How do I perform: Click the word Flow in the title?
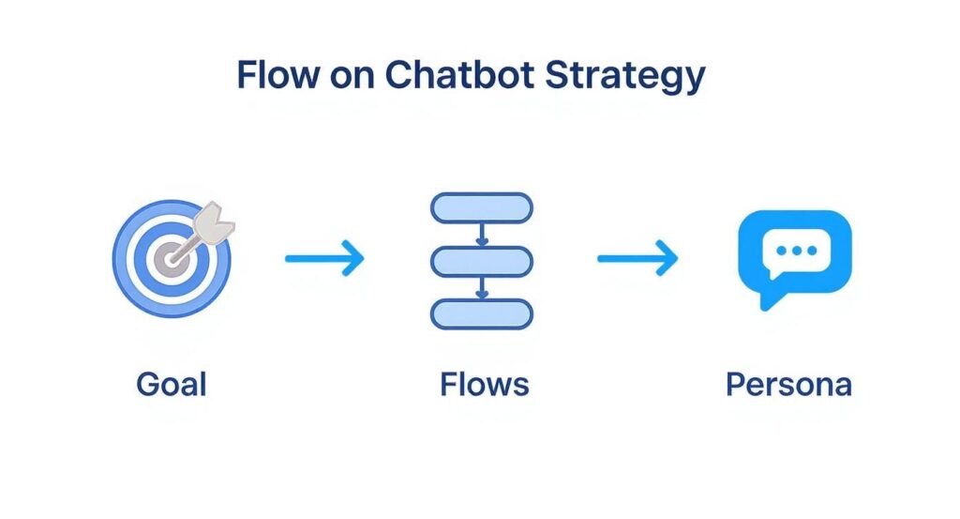click(x=277, y=76)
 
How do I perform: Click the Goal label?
click(x=171, y=384)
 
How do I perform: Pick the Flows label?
click(x=484, y=384)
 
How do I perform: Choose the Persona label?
click(x=788, y=385)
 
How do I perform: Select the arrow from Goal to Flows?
click(x=324, y=258)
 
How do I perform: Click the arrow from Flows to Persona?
click(x=637, y=258)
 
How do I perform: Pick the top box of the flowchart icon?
click(x=481, y=206)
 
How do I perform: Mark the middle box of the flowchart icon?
click(x=481, y=260)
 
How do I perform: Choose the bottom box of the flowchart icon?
click(x=481, y=313)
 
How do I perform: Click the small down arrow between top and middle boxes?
click(x=481, y=235)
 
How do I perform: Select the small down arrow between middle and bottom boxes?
click(x=481, y=288)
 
